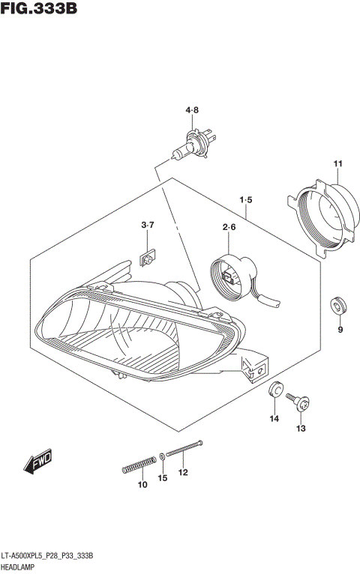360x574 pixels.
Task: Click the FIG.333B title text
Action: click(39, 10)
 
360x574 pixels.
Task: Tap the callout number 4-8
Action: click(193, 111)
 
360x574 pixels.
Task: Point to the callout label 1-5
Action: click(246, 200)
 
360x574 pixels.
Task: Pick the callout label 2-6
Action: click(229, 227)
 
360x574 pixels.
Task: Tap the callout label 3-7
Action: click(147, 225)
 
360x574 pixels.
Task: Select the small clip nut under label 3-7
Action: click(147, 259)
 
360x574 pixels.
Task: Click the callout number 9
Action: click(340, 330)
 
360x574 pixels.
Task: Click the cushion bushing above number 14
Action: click(275, 390)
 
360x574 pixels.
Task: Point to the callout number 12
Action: click(182, 472)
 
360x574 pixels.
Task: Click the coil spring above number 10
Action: click(140, 465)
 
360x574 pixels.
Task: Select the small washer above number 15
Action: click(163, 456)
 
